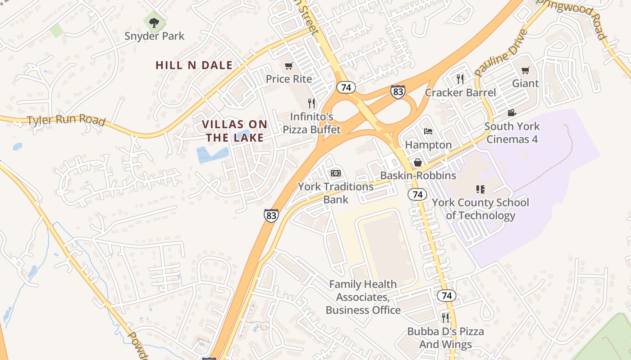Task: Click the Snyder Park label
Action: [x=155, y=36]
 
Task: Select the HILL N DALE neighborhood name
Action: [x=194, y=65]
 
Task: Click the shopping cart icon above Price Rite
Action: [x=289, y=66]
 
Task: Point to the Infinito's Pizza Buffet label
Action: [x=311, y=123]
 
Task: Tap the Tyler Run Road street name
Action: [x=66, y=120]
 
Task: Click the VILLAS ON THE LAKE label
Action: [x=234, y=131]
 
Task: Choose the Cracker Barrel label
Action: [x=460, y=93]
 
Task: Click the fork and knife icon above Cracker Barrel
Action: [x=460, y=79]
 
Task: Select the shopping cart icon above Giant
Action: [x=525, y=70]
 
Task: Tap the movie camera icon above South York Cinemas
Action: [x=512, y=112]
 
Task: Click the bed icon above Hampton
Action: [x=428, y=131]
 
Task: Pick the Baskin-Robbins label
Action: [x=418, y=175]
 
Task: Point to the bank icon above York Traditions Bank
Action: [x=335, y=173]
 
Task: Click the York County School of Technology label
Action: [x=480, y=209]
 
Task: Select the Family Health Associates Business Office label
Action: [x=363, y=297]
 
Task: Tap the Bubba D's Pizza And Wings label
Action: [x=445, y=338]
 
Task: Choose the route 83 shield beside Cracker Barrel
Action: [x=398, y=92]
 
